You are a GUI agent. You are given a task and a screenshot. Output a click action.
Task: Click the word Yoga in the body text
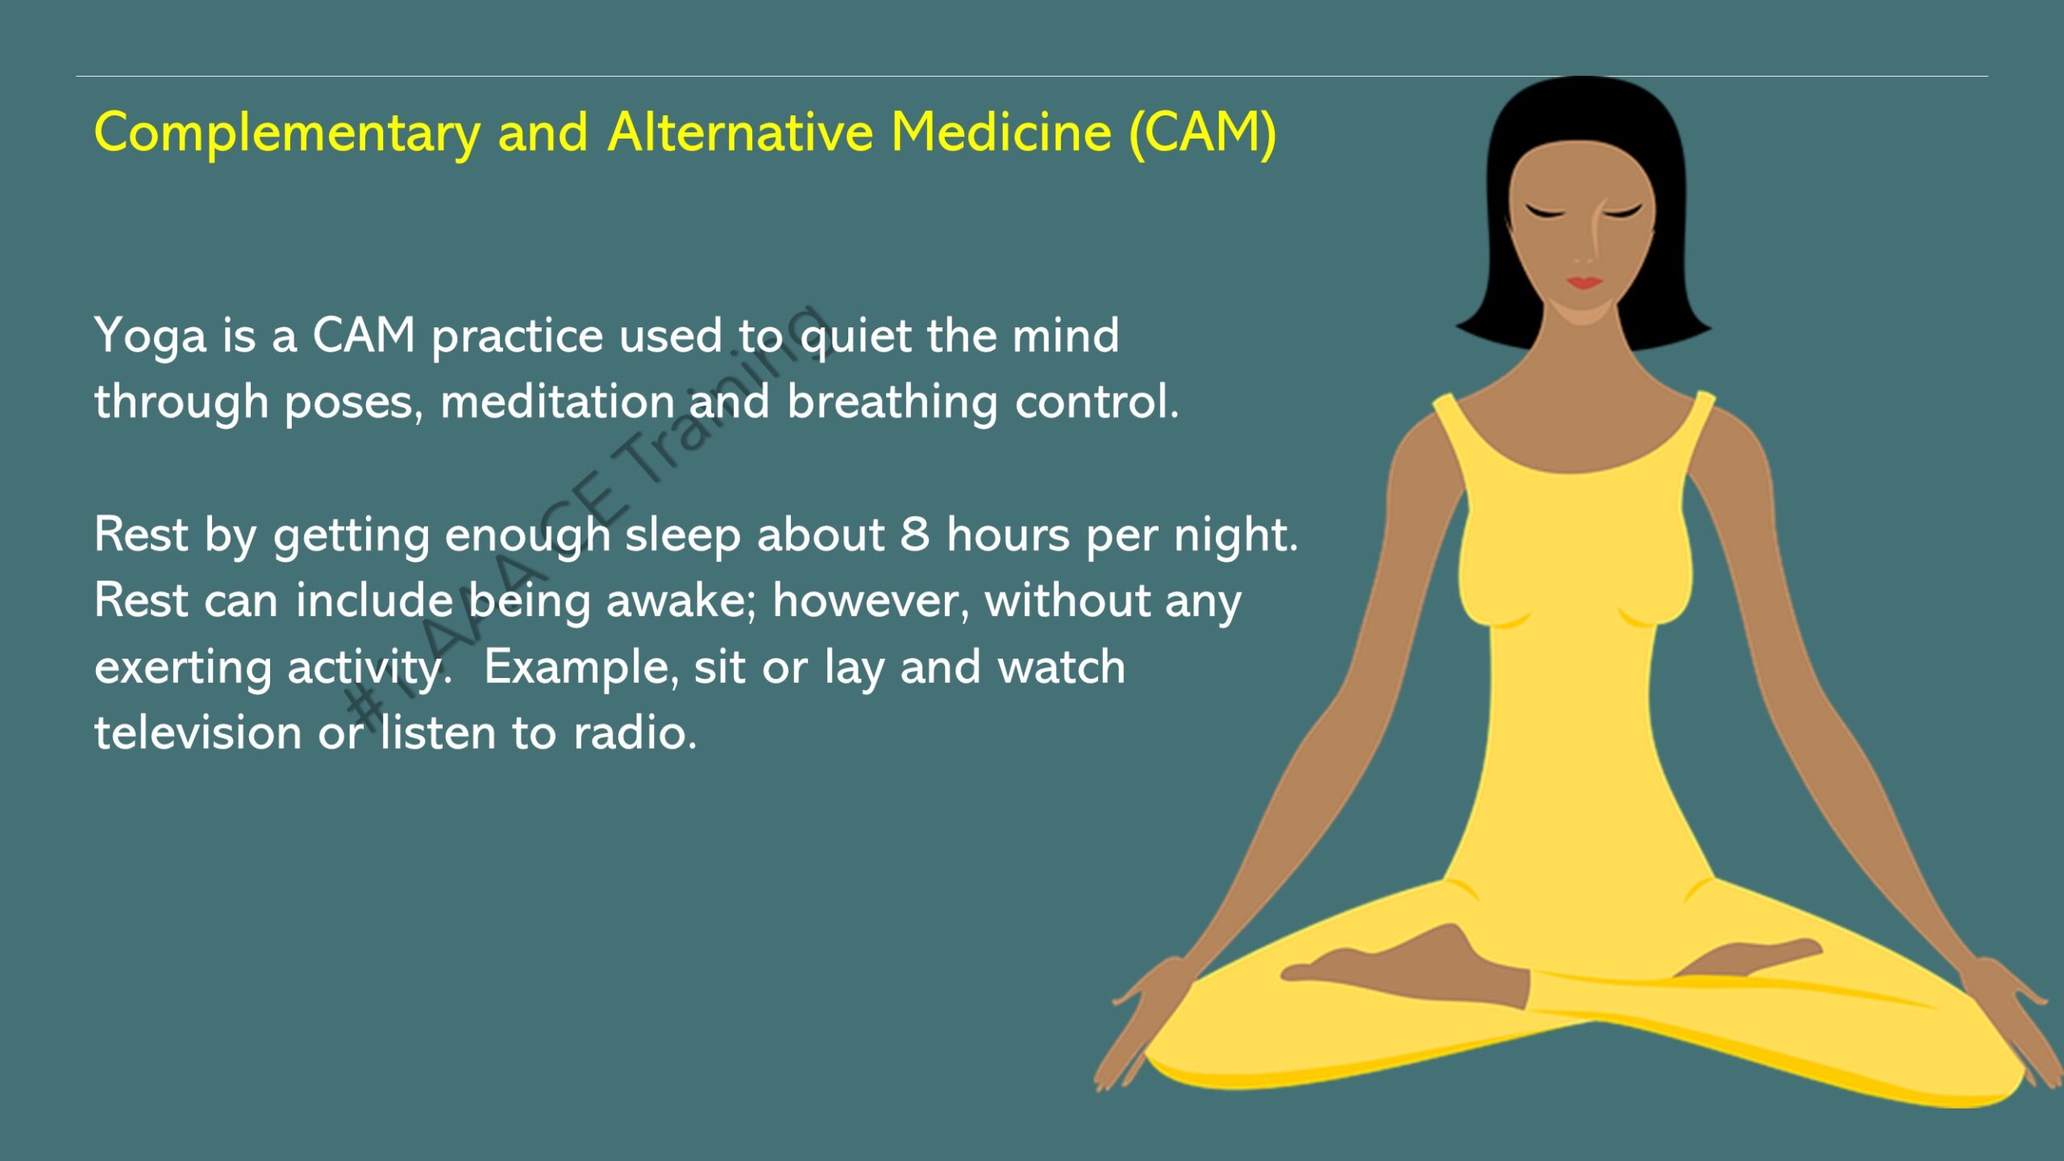click(150, 337)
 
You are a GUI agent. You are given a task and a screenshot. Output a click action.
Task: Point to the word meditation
click(557, 402)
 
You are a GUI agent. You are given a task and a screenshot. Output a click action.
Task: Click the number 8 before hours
click(915, 535)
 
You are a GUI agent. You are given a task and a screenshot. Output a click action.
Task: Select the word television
click(198, 733)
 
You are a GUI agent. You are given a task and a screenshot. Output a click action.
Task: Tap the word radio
click(635, 733)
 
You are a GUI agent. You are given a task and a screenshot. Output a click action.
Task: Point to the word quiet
click(856, 337)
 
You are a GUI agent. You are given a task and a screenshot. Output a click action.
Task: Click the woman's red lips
click(1583, 282)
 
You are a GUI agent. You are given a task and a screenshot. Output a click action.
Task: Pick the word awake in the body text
click(680, 601)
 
